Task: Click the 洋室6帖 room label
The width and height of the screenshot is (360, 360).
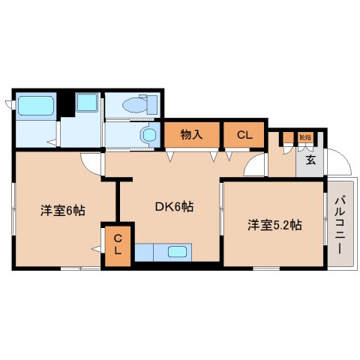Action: pos(62,211)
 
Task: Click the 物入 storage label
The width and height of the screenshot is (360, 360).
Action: pos(192,135)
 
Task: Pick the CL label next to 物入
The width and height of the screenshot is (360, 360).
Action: pos(244,135)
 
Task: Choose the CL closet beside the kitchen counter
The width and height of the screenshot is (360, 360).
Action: pos(118,245)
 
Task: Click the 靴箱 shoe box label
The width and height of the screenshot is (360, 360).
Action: pos(304,137)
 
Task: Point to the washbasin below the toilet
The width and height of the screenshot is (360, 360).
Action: pos(148,136)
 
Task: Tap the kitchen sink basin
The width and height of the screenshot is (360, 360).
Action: pos(178,253)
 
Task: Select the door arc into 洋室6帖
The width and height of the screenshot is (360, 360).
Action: pos(92,162)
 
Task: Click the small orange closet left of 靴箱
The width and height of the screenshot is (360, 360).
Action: pos(287,137)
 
